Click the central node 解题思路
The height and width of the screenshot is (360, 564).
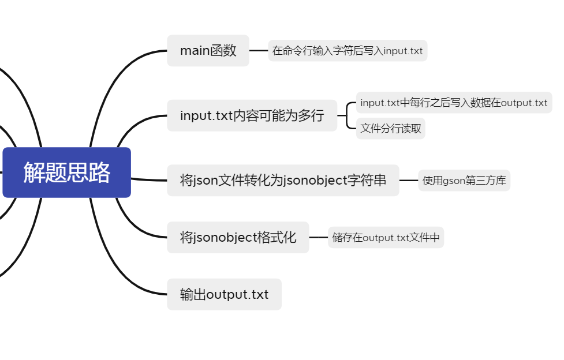66,172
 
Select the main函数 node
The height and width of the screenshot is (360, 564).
208,51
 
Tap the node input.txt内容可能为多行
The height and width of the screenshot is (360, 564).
252,115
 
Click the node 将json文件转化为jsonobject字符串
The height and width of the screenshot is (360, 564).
283,180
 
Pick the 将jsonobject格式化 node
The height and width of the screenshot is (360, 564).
238,237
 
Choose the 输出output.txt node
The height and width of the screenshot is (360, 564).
224,294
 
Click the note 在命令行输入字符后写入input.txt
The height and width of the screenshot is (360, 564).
348,51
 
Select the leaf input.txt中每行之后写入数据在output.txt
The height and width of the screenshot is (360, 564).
454,103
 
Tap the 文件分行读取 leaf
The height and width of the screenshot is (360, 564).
391,128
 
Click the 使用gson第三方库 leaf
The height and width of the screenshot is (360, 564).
464,181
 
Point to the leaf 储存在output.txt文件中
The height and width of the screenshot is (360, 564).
386,237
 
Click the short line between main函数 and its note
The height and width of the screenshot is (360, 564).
259,51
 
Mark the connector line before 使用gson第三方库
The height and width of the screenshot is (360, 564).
409,181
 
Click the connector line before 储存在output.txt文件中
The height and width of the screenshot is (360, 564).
318,237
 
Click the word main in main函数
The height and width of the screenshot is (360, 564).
195,51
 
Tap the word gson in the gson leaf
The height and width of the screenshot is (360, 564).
454,181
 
